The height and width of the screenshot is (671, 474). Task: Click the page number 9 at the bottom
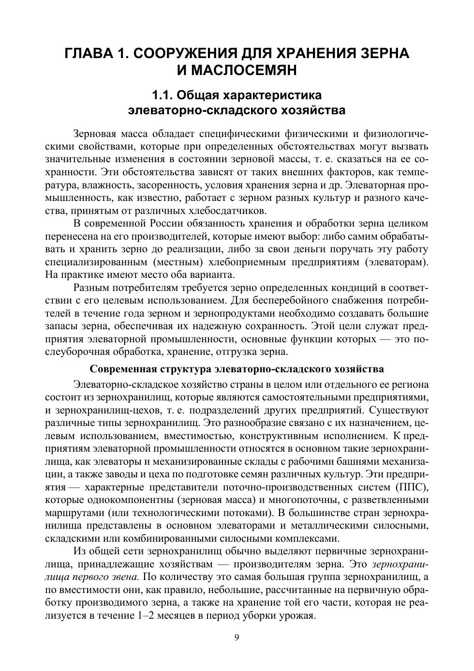pos(237,638)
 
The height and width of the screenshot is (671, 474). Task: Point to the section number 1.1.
pos(163,94)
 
